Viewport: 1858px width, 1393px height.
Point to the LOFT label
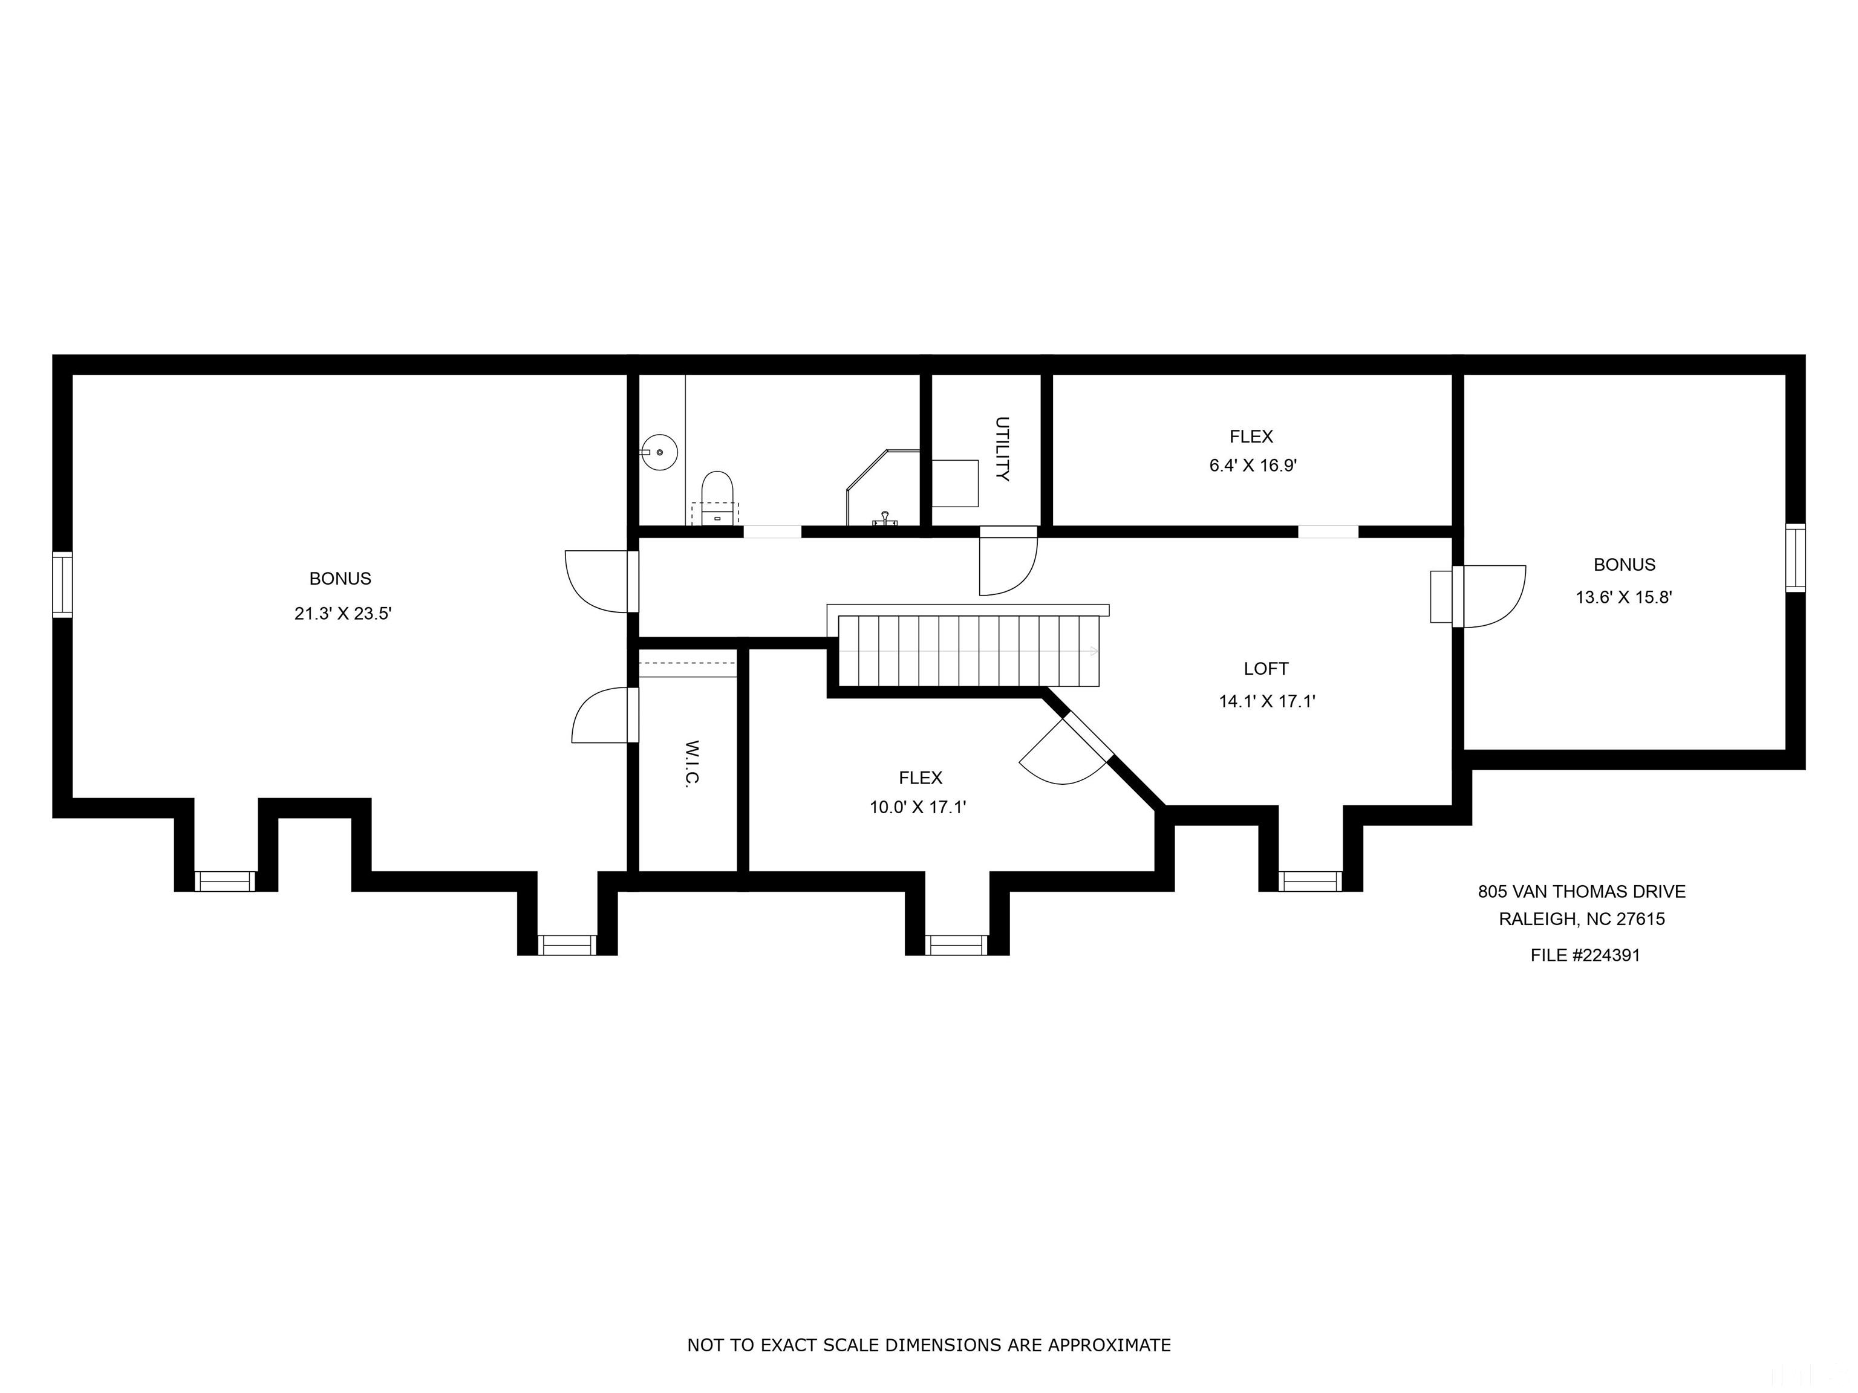(x=1266, y=668)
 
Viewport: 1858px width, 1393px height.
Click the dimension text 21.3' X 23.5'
(x=343, y=614)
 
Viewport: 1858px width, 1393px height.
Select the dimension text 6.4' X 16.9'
(x=1253, y=465)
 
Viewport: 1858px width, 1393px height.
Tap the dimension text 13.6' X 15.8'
(x=1624, y=598)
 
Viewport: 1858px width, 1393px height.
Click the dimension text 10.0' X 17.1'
(x=918, y=808)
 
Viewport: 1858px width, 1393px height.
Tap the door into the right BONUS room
(x=1491, y=596)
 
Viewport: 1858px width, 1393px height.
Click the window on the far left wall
(x=62, y=585)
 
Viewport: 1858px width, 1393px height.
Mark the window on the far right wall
(x=1795, y=557)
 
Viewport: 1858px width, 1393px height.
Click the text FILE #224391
(x=1584, y=955)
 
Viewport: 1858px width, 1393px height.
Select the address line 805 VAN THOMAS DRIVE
(x=1581, y=892)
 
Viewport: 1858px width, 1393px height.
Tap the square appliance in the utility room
(x=956, y=483)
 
